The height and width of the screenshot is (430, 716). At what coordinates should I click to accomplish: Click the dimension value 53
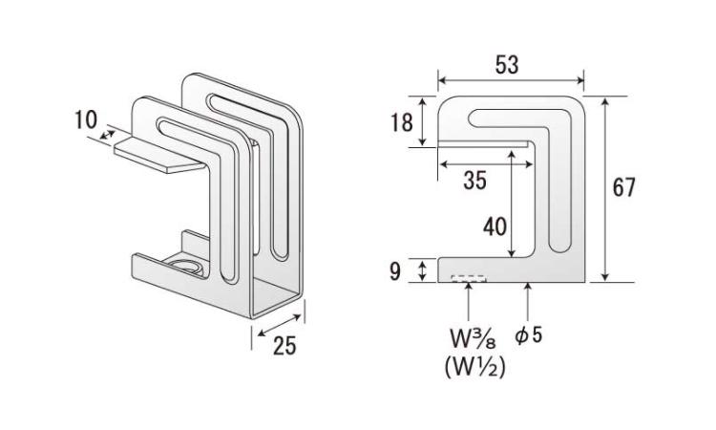coord(508,65)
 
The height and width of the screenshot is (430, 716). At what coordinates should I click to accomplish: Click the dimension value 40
coord(495,227)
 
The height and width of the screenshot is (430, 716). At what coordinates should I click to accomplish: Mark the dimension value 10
coord(85,119)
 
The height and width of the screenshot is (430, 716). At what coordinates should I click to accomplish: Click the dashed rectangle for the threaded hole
coord(468,280)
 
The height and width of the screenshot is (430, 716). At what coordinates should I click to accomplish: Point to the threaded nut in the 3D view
coord(185,266)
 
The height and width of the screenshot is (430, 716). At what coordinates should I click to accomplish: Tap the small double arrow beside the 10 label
coord(106,135)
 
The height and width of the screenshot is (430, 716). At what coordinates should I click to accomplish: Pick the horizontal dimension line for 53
coord(510,81)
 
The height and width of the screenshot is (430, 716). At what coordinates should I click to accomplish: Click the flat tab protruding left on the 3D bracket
coord(158,155)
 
